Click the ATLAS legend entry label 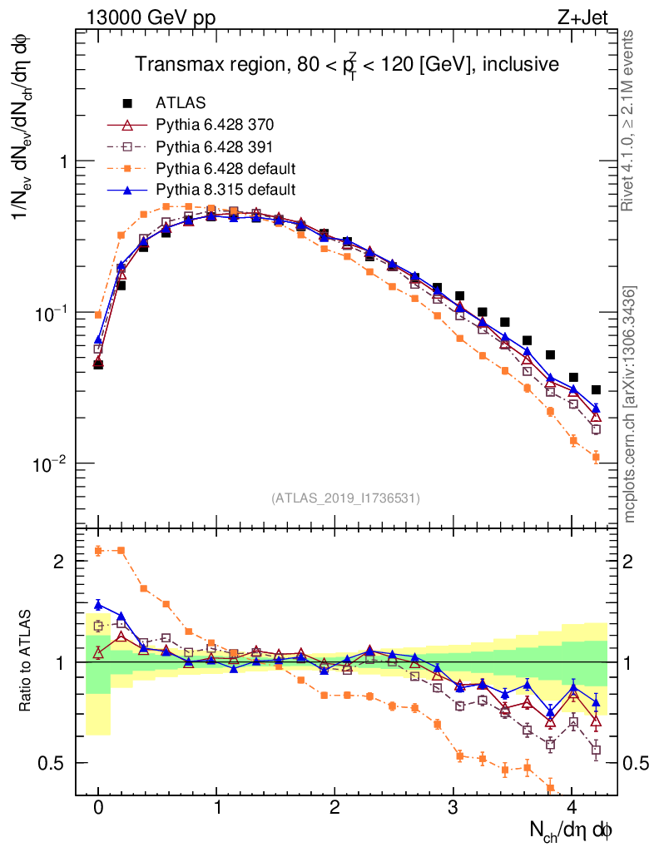pos(179,103)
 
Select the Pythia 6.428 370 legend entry pos(215,125)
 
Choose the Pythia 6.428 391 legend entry pos(215,146)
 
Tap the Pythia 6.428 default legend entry pos(225,168)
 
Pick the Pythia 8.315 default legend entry pos(225,190)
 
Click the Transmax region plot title pos(347,64)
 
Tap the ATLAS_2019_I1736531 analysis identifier pos(345,498)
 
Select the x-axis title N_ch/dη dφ pos(571,830)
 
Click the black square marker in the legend pos(128,103)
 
